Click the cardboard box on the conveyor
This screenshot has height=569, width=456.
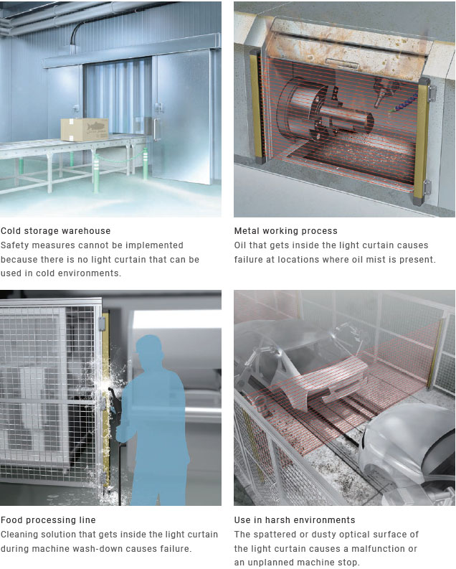coord(85,130)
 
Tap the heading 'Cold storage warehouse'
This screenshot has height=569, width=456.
coord(55,231)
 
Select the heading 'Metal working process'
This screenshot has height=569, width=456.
coord(285,231)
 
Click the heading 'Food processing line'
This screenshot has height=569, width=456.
coord(48,520)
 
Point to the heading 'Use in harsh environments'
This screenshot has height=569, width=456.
coord(295,520)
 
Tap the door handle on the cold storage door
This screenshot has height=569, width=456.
coord(157,129)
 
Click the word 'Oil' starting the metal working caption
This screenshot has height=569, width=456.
coord(240,245)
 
